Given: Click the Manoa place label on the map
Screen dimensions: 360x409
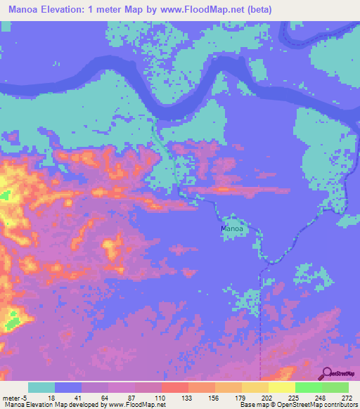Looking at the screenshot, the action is tap(232, 228).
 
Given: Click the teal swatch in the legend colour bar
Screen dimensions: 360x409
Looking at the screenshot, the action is tap(41, 387).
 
